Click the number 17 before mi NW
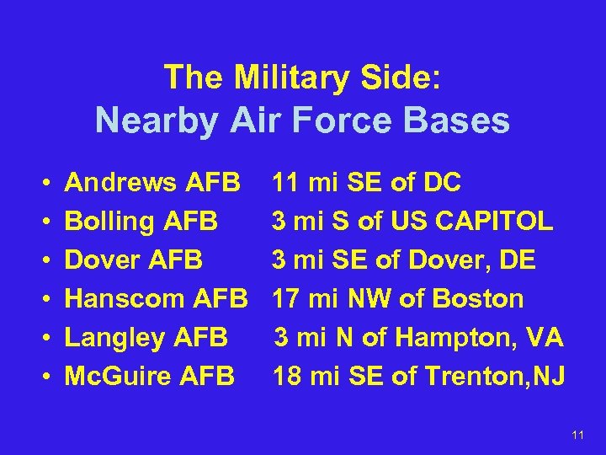pos(286,298)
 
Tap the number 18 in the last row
pos(287,376)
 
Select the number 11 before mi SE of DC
pos(285,183)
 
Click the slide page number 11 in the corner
pos(577,435)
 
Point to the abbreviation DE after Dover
pos(518,260)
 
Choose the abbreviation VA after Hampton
pos(546,337)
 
